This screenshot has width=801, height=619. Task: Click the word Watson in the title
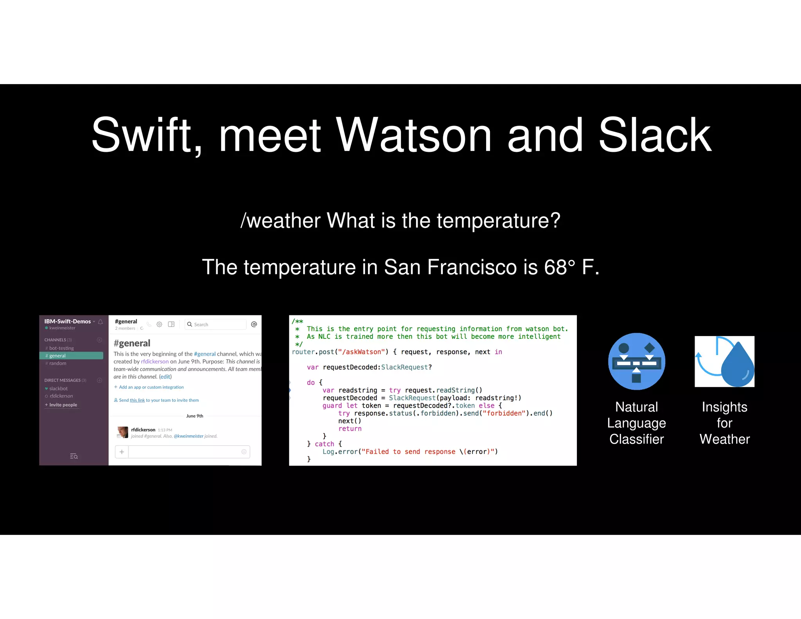[413, 135]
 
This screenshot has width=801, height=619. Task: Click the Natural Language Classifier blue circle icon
[636, 361]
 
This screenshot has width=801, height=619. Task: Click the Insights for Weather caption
[724, 423]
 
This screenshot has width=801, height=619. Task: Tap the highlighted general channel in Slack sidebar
[71, 356]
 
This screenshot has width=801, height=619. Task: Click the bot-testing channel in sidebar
[61, 348]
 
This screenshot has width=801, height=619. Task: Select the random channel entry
[57, 363]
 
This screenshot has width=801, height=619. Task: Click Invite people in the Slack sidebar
[63, 405]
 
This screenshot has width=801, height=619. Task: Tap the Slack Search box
[216, 324]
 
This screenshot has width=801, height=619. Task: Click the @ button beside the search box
[254, 324]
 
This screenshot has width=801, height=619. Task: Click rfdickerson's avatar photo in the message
[122, 432]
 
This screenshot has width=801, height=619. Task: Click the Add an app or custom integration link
[151, 387]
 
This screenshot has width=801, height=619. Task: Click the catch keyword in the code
[324, 444]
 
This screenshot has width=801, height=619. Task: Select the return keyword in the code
[350, 428]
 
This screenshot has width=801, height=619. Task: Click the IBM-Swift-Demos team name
[67, 321]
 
